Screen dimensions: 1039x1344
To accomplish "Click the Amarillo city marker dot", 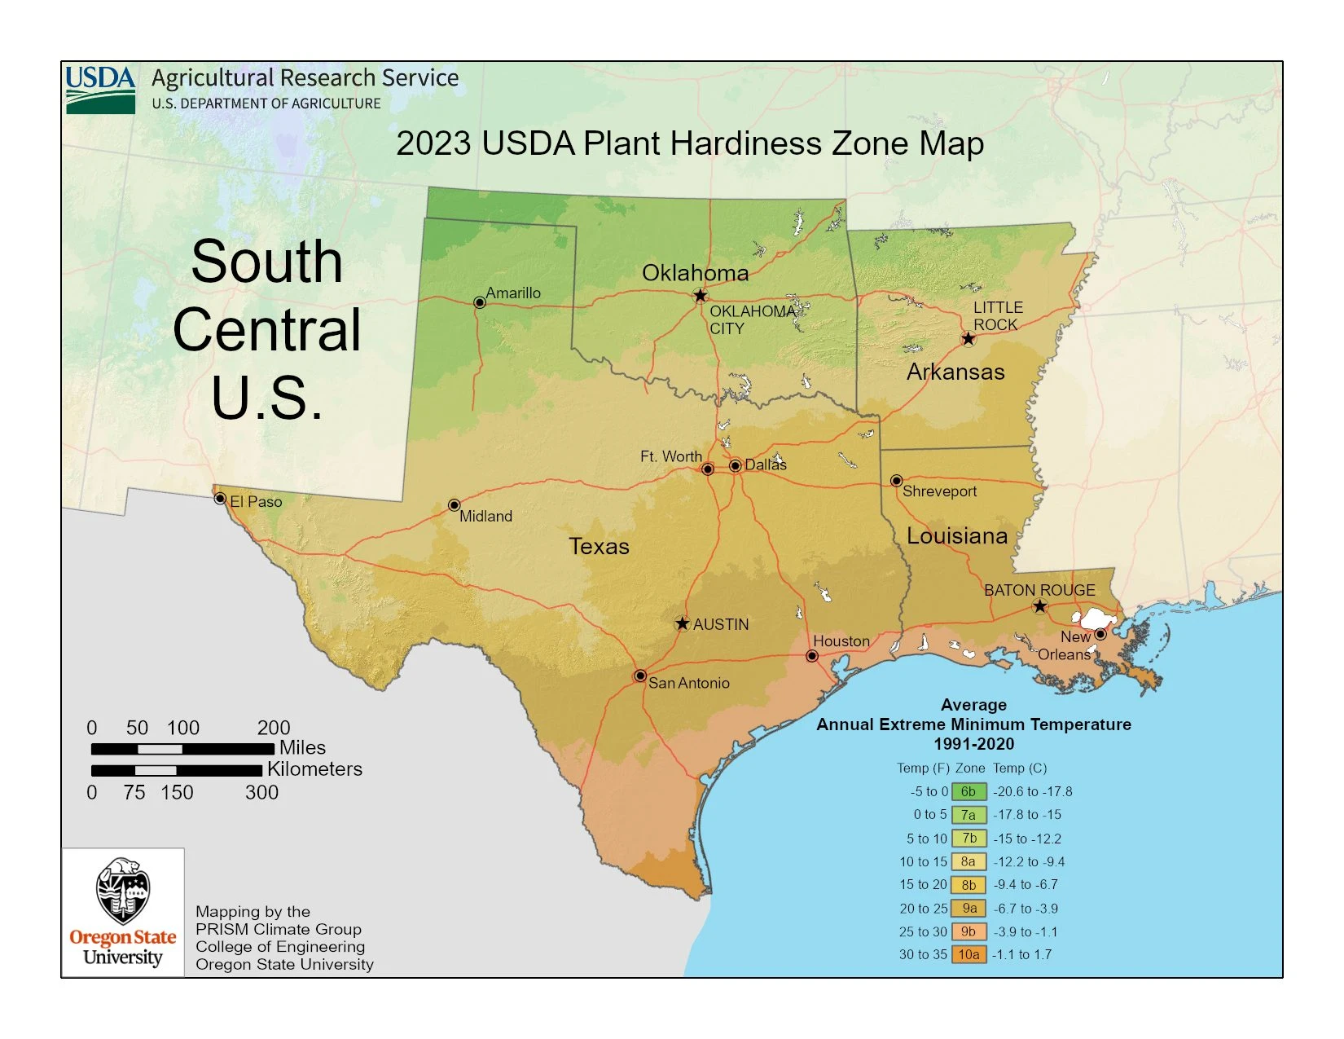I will pyautogui.click(x=480, y=302).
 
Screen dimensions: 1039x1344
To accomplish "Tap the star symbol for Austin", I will pyautogui.click(x=683, y=623).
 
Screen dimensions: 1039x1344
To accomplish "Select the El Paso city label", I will pyautogui.click(x=256, y=502).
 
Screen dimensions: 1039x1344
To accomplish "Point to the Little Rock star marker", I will pyautogui.click(x=968, y=338).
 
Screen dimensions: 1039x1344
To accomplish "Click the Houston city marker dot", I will pyautogui.click(x=812, y=656).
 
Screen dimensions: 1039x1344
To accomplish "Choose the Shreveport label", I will pyautogui.click(x=939, y=491).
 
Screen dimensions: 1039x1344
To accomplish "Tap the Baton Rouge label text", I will pyautogui.click(x=1039, y=590).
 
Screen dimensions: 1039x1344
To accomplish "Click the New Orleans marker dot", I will pyautogui.click(x=1100, y=634).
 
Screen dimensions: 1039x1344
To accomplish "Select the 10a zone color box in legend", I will pyautogui.click(x=968, y=954).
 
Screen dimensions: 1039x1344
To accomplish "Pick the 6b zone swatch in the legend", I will pyautogui.click(x=968, y=791).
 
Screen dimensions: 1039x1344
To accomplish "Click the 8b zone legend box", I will pyautogui.click(x=968, y=885).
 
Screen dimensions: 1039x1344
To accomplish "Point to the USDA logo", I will pyautogui.click(x=100, y=89).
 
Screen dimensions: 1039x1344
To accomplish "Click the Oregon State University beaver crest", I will pyautogui.click(x=122, y=891).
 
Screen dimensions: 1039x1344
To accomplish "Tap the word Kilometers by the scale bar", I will pyautogui.click(x=314, y=769).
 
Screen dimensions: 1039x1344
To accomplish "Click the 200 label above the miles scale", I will pyautogui.click(x=274, y=728).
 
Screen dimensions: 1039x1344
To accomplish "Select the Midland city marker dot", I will pyautogui.click(x=455, y=505).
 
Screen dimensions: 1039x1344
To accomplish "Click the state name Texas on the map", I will pyautogui.click(x=599, y=546).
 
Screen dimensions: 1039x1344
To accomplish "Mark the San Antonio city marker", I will pyautogui.click(x=640, y=676).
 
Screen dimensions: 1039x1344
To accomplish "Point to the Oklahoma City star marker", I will pyautogui.click(x=700, y=296).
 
